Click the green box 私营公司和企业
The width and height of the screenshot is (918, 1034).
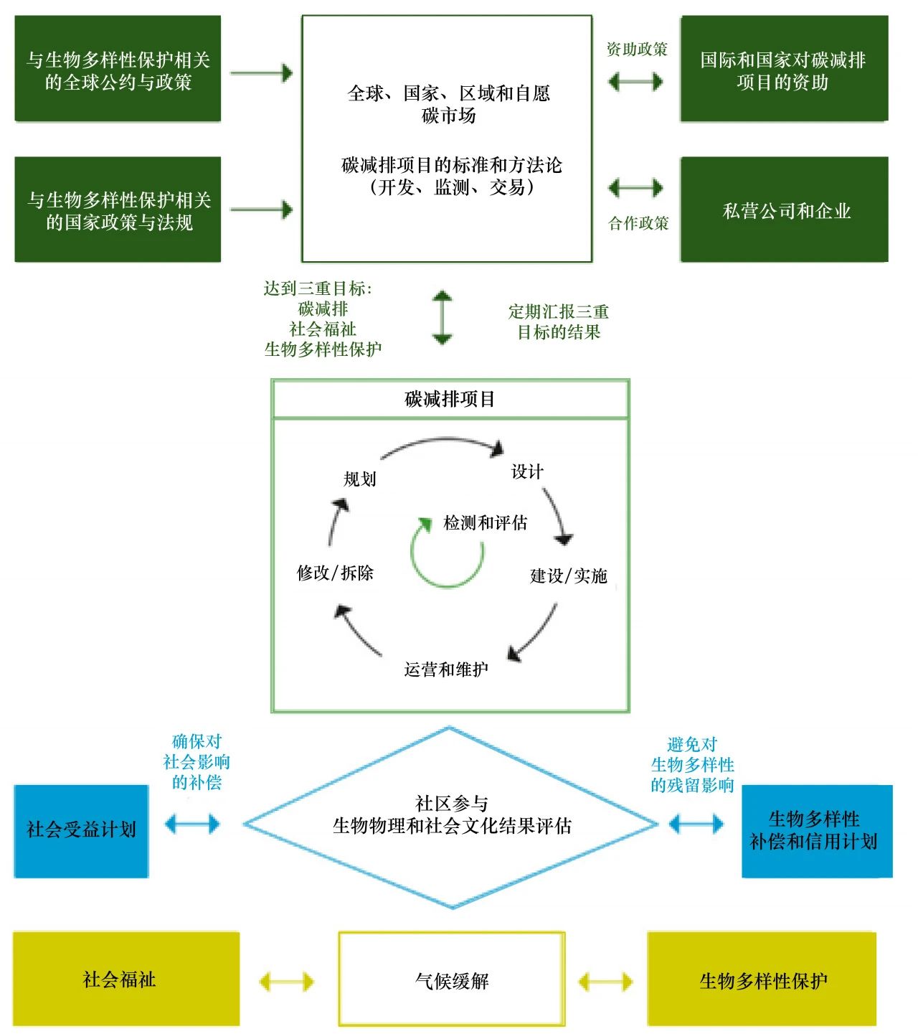click(784, 210)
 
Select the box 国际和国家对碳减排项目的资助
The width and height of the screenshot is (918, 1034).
click(784, 70)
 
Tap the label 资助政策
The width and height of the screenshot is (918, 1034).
click(637, 49)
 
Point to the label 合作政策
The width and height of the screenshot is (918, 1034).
click(638, 223)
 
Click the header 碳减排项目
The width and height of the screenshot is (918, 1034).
click(450, 399)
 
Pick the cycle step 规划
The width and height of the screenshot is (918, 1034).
click(359, 479)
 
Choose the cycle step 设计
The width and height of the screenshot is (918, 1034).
click(527, 471)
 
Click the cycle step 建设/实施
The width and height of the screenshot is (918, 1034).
click(568, 575)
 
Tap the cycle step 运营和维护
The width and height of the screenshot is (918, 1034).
click(446, 669)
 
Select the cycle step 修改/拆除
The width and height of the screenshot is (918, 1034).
click(335, 573)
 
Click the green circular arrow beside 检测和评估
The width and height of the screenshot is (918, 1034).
click(446, 553)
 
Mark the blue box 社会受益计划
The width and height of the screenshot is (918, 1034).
click(81, 830)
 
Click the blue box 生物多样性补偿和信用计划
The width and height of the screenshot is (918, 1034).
click(816, 830)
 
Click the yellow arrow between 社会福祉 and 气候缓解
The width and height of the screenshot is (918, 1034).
click(286, 981)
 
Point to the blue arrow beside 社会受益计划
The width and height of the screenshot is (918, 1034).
click(192, 824)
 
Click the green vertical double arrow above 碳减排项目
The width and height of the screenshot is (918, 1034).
click(443, 317)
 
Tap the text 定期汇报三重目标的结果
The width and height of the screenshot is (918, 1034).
click(559, 321)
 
